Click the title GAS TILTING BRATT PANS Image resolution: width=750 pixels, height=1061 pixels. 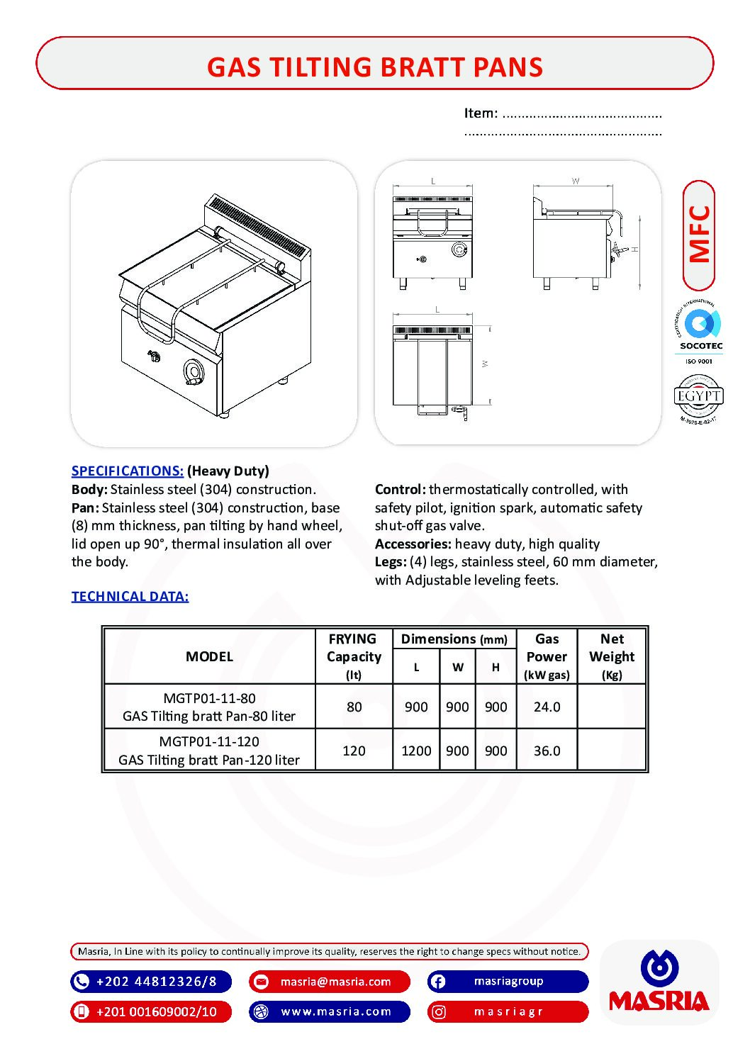click(374, 67)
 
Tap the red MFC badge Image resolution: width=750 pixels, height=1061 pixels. click(699, 235)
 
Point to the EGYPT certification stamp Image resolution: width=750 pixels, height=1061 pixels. click(698, 398)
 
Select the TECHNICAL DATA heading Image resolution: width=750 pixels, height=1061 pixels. click(130, 596)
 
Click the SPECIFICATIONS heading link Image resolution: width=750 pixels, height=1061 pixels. click(128, 471)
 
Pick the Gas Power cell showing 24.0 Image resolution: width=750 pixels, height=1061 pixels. click(547, 707)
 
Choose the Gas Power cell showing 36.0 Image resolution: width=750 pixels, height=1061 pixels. click(547, 751)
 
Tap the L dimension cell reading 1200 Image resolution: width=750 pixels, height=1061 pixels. click(416, 751)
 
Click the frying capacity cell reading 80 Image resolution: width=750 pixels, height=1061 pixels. click(354, 707)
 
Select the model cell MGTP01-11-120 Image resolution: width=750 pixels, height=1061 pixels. click(209, 750)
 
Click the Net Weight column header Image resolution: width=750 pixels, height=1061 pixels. click(612, 656)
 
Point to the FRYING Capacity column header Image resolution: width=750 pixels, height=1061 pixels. click(353, 656)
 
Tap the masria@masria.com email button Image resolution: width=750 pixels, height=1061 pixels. click(330, 982)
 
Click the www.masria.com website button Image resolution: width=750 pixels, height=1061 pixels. click(330, 1011)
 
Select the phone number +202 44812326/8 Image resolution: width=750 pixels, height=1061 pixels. click(151, 982)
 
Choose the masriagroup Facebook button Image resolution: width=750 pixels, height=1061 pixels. click(508, 982)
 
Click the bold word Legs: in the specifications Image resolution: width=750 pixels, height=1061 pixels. click(391, 561)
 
